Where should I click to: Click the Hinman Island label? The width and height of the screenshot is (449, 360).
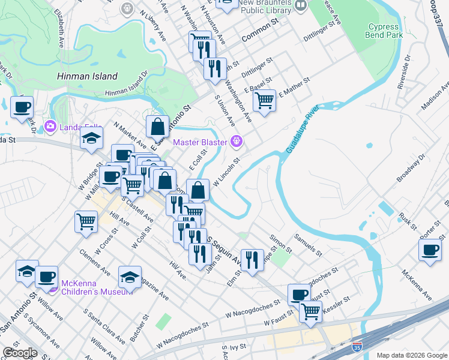(87, 76)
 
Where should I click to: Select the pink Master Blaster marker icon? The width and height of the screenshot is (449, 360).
(239, 142)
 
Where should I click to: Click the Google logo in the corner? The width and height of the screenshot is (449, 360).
(20, 353)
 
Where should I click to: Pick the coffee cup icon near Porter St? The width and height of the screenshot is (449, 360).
(430, 250)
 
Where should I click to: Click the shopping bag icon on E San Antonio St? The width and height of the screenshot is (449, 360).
(157, 126)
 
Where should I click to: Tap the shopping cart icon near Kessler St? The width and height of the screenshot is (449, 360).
(310, 311)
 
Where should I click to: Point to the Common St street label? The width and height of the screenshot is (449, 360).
(262, 37)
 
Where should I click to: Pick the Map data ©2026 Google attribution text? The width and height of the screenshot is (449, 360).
(412, 355)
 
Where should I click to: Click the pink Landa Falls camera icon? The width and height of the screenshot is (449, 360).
(49, 126)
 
